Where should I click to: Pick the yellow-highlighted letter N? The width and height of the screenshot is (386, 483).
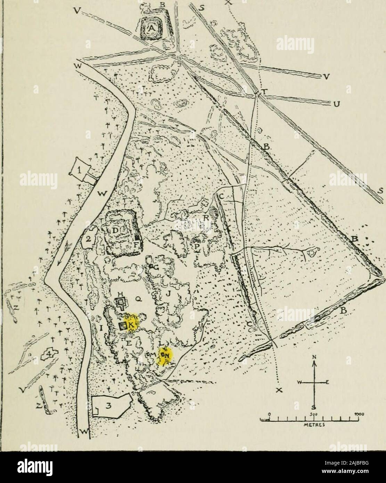pyautogui.click(x=166, y=355)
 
